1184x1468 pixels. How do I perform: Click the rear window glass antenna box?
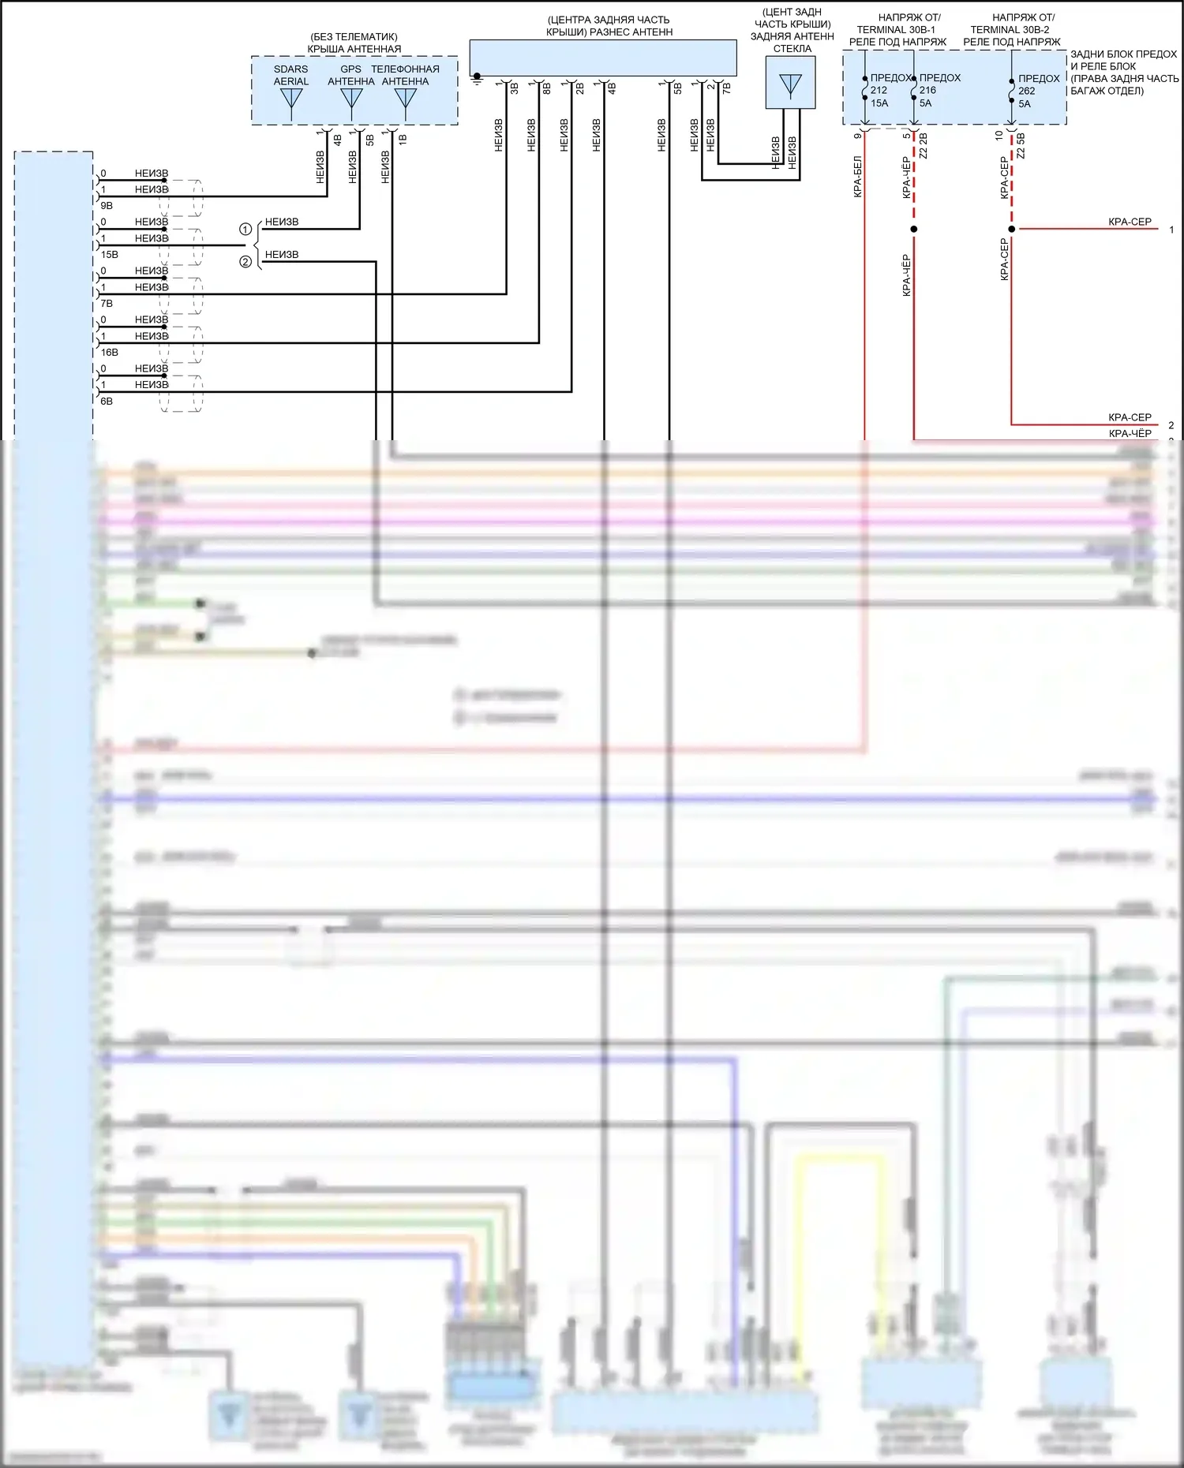(790, 83)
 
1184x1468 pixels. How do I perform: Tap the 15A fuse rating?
(879, 103)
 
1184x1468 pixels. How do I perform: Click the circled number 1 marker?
(245, 230)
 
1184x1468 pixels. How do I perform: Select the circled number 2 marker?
(245, 262)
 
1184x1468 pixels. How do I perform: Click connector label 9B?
(107, 206)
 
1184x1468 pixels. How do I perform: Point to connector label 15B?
(109, 255)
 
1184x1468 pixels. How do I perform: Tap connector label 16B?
(109, 353)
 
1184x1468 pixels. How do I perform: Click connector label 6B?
(107, 402)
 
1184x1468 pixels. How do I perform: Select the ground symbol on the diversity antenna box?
(477, 78)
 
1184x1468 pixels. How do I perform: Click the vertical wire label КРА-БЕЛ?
(858, 177)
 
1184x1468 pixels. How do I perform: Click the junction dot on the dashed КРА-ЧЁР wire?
(914, 230)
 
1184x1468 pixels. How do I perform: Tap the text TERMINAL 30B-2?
(1010, 30)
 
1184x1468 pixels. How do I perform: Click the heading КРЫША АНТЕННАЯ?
(354, 49)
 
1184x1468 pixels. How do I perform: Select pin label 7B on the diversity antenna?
(727, 88)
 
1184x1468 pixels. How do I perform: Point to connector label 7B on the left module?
(107, 304)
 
